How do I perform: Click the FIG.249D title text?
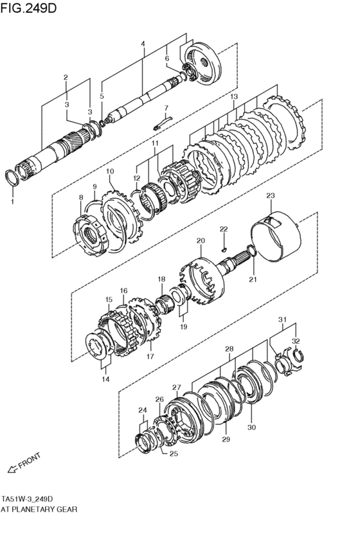pos(28,8)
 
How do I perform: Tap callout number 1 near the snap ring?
pos(12,201)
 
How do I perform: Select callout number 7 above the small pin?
pos(166,108)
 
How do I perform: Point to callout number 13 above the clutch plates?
pos(234,96)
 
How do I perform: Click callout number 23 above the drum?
pos(271,195)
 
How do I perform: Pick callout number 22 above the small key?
pos(224,229)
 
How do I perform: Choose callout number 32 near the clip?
pos(296,341)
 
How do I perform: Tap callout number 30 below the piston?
pos(252,427)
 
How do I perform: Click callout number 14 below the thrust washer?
pos(105,379)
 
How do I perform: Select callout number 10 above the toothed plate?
pos(110,171)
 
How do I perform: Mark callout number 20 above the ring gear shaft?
pos(201,240)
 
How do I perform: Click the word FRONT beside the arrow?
pos(30,462)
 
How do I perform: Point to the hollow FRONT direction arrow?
pos(13,469)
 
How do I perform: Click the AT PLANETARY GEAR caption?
pos(39,509)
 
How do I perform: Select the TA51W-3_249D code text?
pos(27,498)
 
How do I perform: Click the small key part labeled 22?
pos(224,249)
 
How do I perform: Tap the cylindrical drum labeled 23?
pos(276,237)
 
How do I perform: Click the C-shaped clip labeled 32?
pos(298,356)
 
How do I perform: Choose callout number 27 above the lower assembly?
pos(177,387)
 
